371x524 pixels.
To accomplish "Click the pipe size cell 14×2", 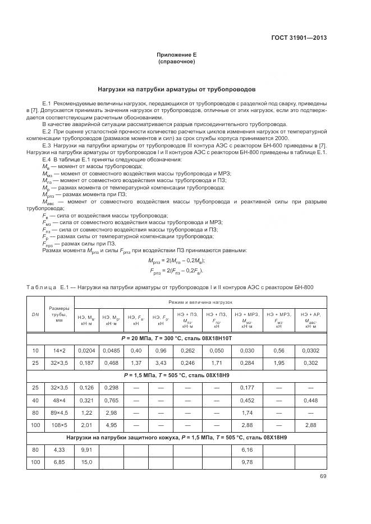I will (x=59, y=350).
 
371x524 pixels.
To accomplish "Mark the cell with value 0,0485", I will (x=111, y=350).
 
